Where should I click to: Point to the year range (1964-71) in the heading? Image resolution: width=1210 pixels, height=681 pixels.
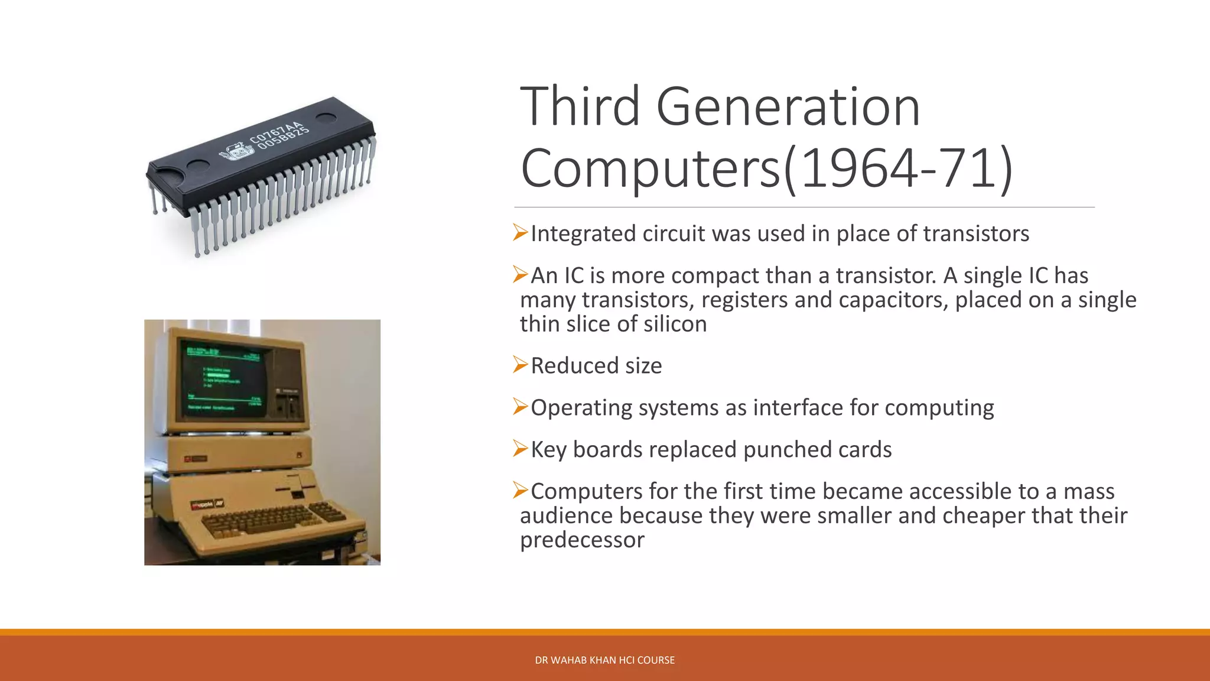(898, 169)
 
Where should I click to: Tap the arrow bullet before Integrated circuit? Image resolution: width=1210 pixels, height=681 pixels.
(520, 233)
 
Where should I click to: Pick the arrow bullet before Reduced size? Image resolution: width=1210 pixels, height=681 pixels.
(520, 365)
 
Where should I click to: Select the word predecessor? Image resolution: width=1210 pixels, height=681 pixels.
(582, 540)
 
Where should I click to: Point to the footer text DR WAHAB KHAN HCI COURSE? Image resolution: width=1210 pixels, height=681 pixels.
(604, 660)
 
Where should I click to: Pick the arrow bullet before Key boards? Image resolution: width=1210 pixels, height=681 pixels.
(520, 449)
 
